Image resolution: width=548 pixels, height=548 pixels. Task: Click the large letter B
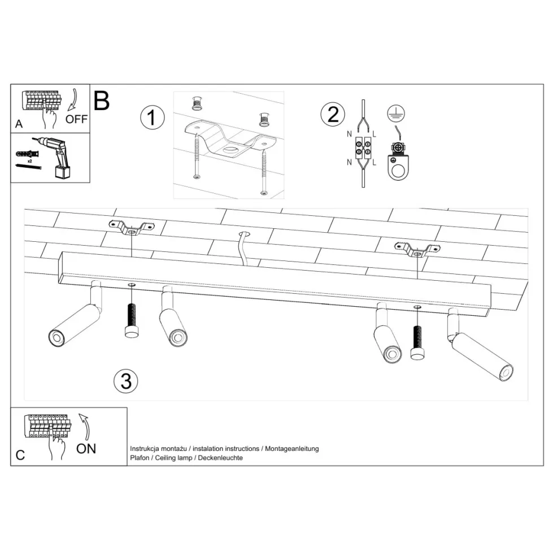101,101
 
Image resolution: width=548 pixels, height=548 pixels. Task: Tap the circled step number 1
153,118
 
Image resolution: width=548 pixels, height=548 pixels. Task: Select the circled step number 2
333,114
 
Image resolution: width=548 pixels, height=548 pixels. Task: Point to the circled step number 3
126,381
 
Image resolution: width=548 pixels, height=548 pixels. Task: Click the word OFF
76,119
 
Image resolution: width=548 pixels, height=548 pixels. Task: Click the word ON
86,449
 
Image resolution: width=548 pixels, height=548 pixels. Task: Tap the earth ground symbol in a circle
396,113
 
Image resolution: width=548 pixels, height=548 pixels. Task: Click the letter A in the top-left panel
19,124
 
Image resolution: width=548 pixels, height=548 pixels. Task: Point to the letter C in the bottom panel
20,455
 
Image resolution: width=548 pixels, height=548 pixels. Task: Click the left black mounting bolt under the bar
132,320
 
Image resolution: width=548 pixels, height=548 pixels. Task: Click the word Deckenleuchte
220,458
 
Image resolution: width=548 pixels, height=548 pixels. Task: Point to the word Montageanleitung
292,449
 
